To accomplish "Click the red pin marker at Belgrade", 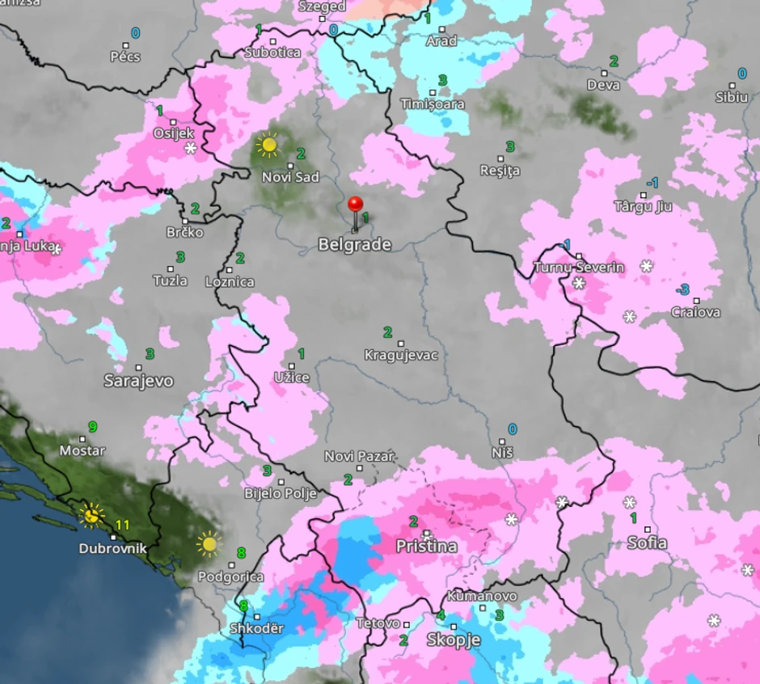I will click(355, 205).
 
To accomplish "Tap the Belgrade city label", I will click(355, 244).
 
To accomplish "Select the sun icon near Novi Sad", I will click(268, 145).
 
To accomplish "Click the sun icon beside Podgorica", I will click(209, 543).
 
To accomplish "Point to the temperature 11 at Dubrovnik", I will click(122, 525).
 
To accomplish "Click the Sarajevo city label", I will click(138, 381).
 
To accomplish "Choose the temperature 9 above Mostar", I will click(92, 426).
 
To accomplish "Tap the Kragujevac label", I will click(401, 355).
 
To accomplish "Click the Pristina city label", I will click(426, 547).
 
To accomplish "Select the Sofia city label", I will click(648, 543).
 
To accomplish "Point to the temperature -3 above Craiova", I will click(683, 289).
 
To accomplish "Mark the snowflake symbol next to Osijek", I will click(191, 149).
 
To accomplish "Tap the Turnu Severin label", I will click(579, 268).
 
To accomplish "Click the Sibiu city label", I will click(732, 97).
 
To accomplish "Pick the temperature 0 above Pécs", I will click(135, 33).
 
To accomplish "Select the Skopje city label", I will click(454, 640).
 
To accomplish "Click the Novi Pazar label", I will click(359, 457).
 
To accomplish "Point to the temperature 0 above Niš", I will click(512, 429).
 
